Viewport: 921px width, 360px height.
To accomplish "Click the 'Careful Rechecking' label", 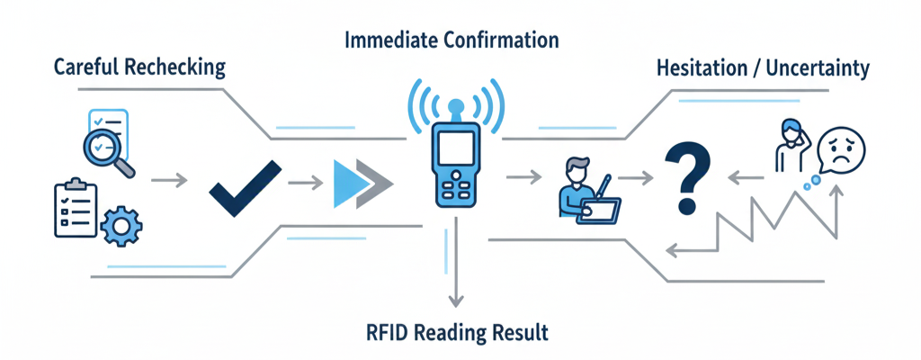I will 139,67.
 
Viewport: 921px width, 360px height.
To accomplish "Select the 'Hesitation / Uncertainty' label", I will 764,67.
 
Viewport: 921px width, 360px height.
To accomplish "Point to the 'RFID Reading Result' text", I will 457,332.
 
